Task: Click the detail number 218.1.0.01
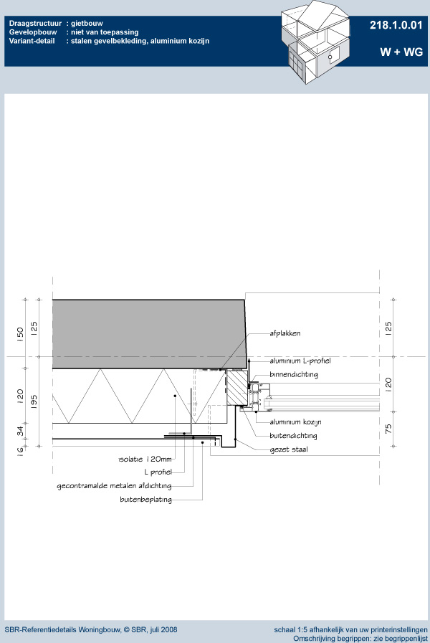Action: (x=396, y=25)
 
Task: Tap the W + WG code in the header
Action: (x=401, y=52)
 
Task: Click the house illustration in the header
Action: (x=315, y=42)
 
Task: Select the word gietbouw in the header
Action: (x=87, y=24)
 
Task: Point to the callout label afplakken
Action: (x=285, y=333)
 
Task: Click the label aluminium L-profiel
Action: (x=300, y=361)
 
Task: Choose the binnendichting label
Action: (x=294, y=374)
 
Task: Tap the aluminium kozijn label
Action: (x=295, y=422)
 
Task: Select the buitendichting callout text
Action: (x=293, y=436)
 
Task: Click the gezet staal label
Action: (x=289, y=450)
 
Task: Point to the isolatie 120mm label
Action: (x=145, y=459)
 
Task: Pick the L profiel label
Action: (x=158, y=472)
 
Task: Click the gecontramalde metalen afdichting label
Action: (x=114, y=486)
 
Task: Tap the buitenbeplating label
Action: (x=145, y=500)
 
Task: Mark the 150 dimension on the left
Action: (x=20, y=334)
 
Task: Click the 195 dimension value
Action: (x=34, y=401)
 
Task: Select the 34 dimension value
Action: (x=20, y=431)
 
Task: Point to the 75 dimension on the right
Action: (x=388, y=429)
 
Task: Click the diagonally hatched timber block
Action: (x=237, y=388)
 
